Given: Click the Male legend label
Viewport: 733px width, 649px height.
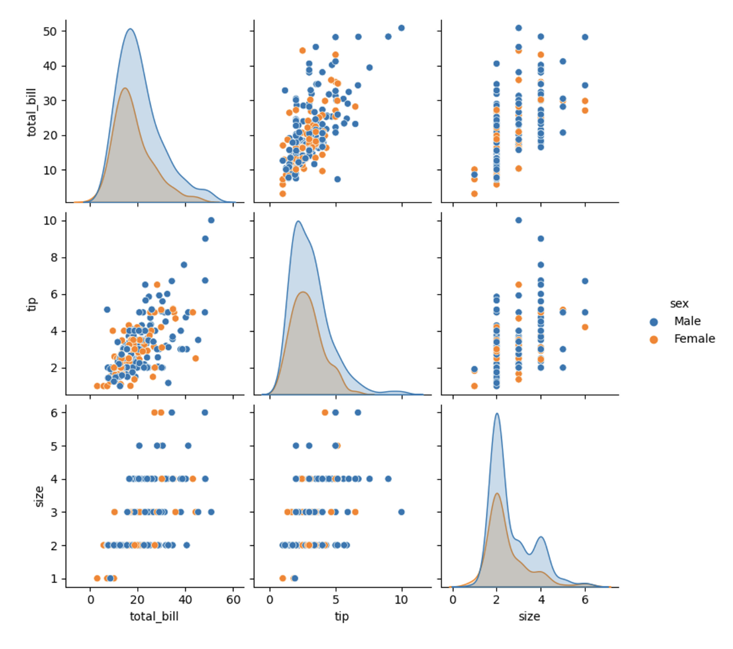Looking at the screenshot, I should click(687, 322).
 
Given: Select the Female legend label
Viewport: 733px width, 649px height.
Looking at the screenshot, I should click(694, 339).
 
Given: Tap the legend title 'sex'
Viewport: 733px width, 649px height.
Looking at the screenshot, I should click(679, 304).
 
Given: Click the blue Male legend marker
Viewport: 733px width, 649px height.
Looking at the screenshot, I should click(654, 322).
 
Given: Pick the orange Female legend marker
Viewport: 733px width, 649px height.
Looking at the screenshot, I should click(654, 340).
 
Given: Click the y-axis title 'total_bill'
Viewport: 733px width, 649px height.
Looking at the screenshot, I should click(32, 112).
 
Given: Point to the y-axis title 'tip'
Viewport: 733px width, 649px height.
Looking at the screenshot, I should click(32, 304).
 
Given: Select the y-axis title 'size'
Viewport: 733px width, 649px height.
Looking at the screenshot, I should click(39, 496).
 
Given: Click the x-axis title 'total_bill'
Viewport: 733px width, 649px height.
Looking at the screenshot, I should click(154, 617).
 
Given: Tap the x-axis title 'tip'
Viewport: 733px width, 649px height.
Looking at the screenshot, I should click(342, 617).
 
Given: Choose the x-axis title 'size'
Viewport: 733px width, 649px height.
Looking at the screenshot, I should click(529, 617).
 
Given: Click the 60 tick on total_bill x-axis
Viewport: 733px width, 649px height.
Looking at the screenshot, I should click(233, 600).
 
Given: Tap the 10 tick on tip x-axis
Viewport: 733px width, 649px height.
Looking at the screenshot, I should click(401, 600).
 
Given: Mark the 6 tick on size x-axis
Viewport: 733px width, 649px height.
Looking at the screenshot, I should click(585, 600).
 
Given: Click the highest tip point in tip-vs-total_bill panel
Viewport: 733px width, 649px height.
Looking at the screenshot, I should click(211, 220).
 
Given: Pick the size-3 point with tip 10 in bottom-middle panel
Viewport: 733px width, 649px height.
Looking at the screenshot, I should click(401, 512).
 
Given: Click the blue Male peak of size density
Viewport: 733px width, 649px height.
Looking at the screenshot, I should click(497, 413).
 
